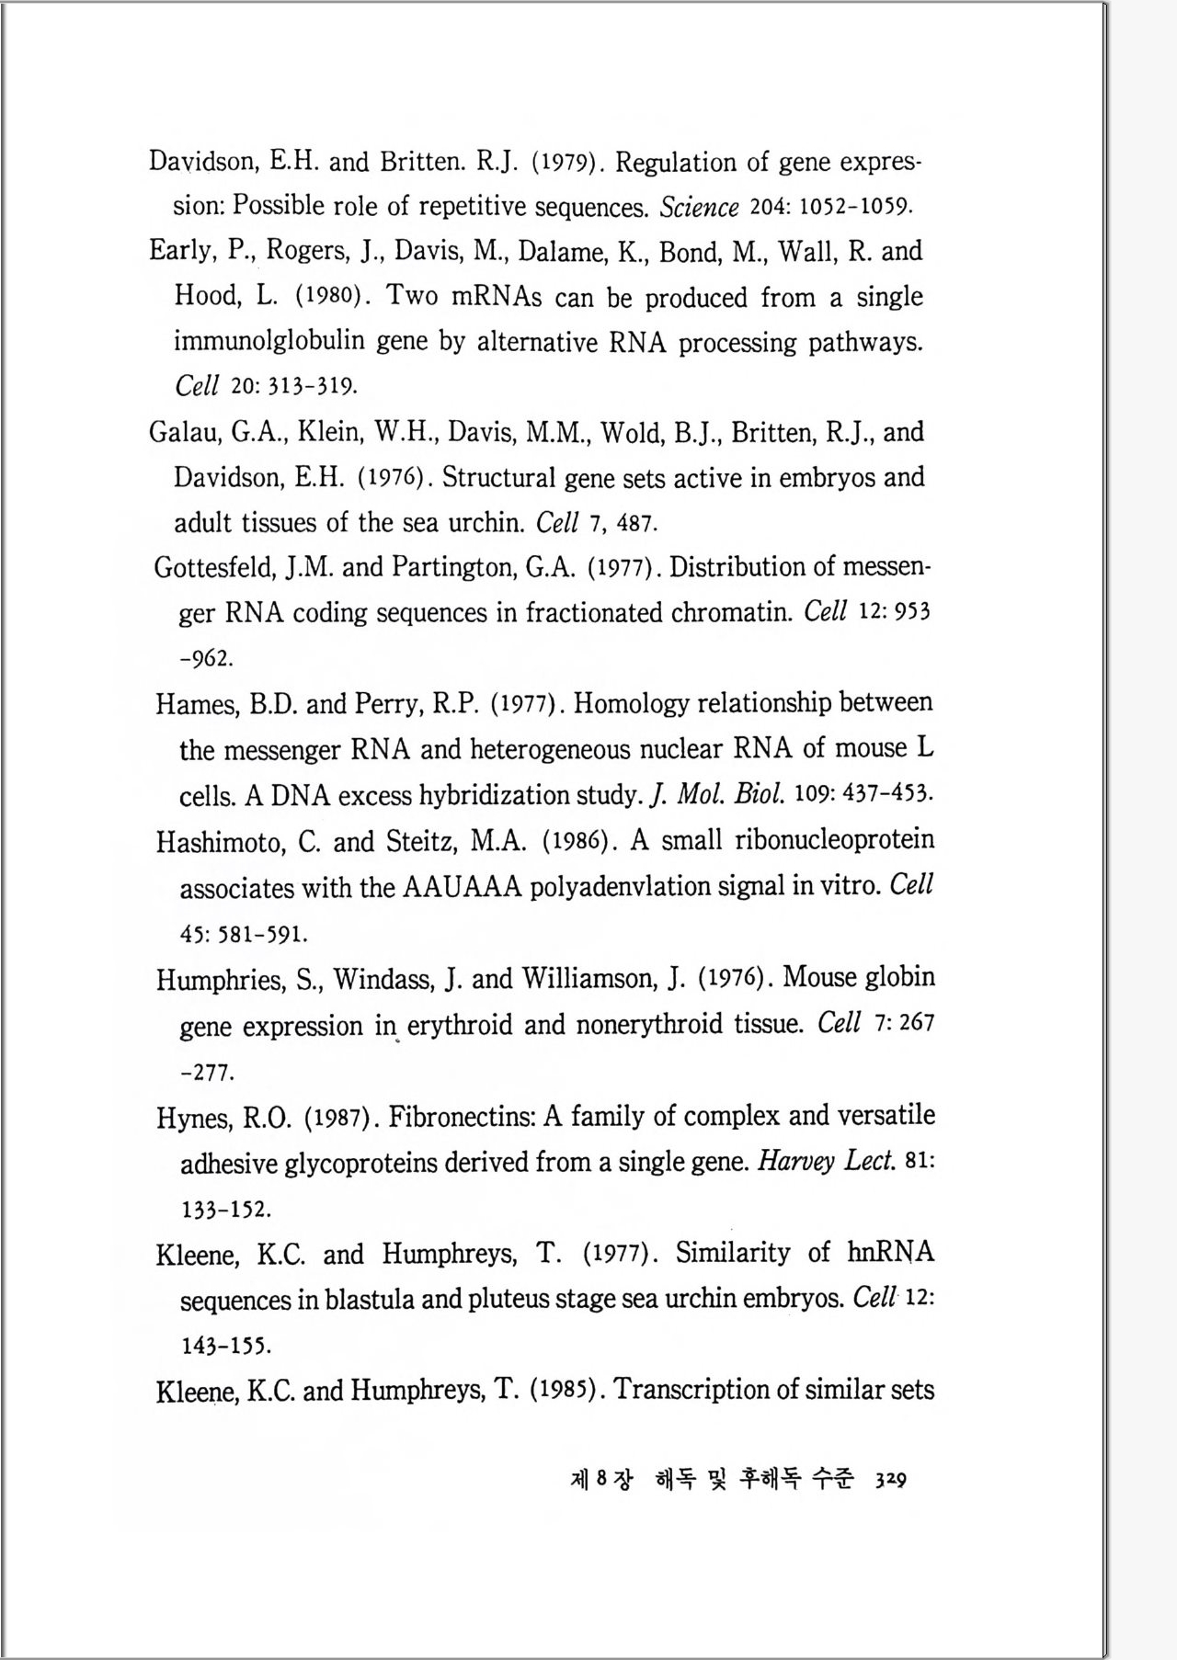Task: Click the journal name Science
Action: [x=699, y=208]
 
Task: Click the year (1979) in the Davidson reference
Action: [x=567, y=164]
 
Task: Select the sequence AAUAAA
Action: [x=463, y=887]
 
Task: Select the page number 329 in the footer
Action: [x=890, y=1480]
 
